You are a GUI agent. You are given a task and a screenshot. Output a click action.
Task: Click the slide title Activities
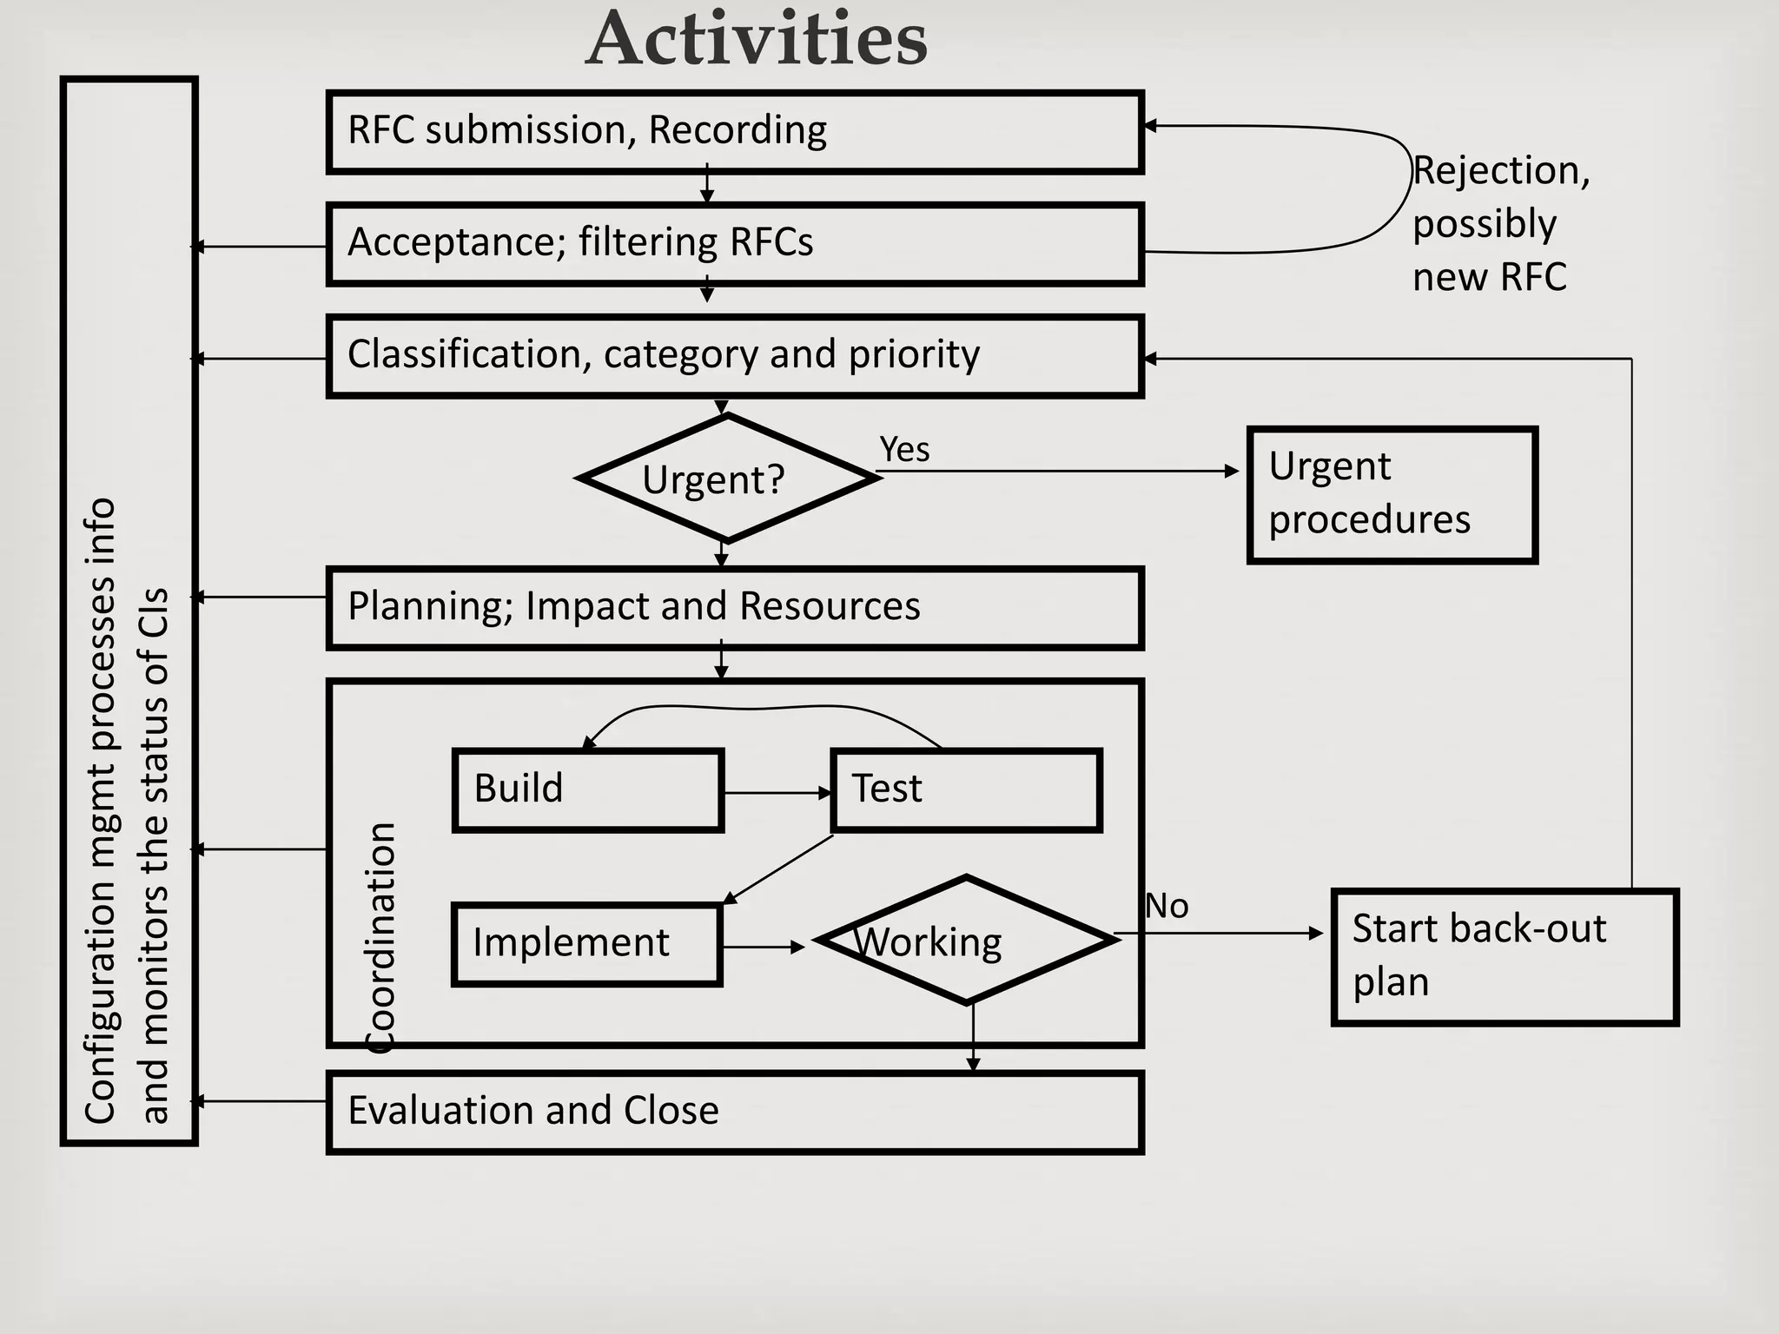point(757,39)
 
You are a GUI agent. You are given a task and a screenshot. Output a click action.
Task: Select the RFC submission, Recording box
point(734,132)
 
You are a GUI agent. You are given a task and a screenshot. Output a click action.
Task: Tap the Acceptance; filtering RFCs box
point(734,244)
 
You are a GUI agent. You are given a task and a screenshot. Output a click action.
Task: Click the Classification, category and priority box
point(734,356)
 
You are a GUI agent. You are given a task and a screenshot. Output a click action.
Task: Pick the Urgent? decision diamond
point(726,479)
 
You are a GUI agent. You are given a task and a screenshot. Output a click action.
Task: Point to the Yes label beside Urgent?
point(904,450)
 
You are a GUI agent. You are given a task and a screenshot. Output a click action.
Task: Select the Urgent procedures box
point(1392,495)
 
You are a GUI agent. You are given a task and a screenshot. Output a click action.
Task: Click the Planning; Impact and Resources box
point(734,607)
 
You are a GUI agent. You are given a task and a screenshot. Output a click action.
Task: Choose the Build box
point(587,789)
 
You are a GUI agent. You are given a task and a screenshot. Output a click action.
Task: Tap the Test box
point(966,789)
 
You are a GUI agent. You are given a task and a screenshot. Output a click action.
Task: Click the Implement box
point(587,943)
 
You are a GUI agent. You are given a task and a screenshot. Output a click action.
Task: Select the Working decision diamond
point(966,941)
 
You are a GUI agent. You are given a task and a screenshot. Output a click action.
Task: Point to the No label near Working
point(1166,907)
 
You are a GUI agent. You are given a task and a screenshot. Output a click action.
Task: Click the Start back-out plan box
point(1505,956)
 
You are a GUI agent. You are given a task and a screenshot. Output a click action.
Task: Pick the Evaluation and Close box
point(734,1112)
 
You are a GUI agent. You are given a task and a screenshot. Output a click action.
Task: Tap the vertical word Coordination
point(380,938)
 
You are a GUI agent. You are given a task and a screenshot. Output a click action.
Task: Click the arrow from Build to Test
point(776,793)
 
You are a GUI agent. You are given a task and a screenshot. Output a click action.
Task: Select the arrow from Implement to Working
point(763,947)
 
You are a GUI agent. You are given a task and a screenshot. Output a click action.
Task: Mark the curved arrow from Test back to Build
point(756,708)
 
